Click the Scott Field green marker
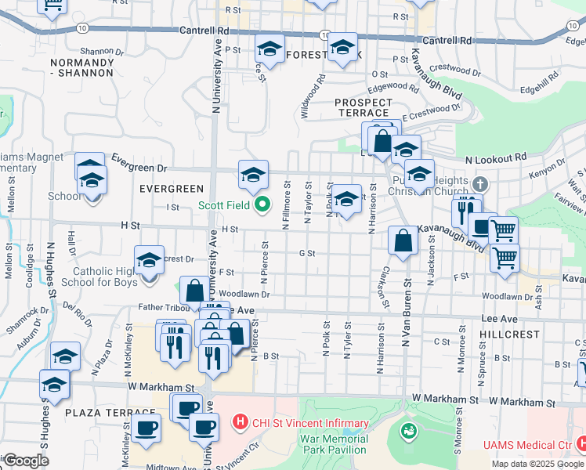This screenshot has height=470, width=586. (263, 206)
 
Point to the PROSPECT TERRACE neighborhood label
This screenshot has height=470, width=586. (363, 107)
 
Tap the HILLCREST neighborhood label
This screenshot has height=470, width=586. (512, 334)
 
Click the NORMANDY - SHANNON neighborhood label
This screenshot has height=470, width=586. (81, 67)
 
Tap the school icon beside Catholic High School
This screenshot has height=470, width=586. (149, 262)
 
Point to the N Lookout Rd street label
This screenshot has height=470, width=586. (495, 159)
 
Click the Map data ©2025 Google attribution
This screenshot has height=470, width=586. (537, 464)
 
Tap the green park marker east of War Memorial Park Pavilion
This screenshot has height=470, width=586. (407, 430)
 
